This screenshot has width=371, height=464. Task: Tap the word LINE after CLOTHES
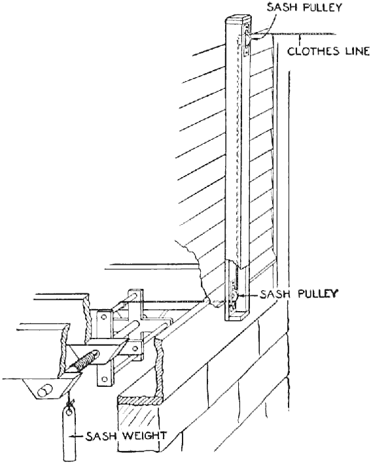355,51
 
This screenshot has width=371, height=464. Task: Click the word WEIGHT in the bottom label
145,436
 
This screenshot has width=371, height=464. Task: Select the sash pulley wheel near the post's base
234,295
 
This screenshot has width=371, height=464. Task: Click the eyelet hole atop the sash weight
69,412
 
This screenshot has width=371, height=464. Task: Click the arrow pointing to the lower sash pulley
247,295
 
